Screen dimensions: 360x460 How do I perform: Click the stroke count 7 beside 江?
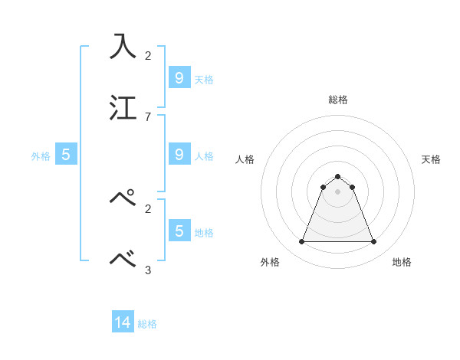(148, 116)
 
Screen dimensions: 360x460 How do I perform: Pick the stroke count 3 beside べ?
(148, 270)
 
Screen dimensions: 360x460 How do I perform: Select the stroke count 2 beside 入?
(148, 55)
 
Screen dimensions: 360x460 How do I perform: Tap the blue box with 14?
(123, 323)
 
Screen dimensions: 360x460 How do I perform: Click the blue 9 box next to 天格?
(179, 77)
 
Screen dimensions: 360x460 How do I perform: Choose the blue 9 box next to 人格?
(179, 155)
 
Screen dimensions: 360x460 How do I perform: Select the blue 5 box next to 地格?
(179, 231)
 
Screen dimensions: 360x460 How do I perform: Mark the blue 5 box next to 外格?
(66, 155)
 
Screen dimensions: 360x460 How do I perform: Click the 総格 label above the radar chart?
(338, 100)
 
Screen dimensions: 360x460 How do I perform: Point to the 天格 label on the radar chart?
(431, 159)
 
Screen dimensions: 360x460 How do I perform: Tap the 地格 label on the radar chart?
(402, 262)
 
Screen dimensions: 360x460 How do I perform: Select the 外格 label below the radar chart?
(270, 262)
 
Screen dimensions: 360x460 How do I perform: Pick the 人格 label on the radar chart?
(245, 159)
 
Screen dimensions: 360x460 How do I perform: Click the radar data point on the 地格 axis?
(373, 242)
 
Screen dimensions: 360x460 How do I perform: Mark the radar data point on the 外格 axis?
(302, 242)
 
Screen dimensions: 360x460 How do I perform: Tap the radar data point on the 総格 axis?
(338, 176)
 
